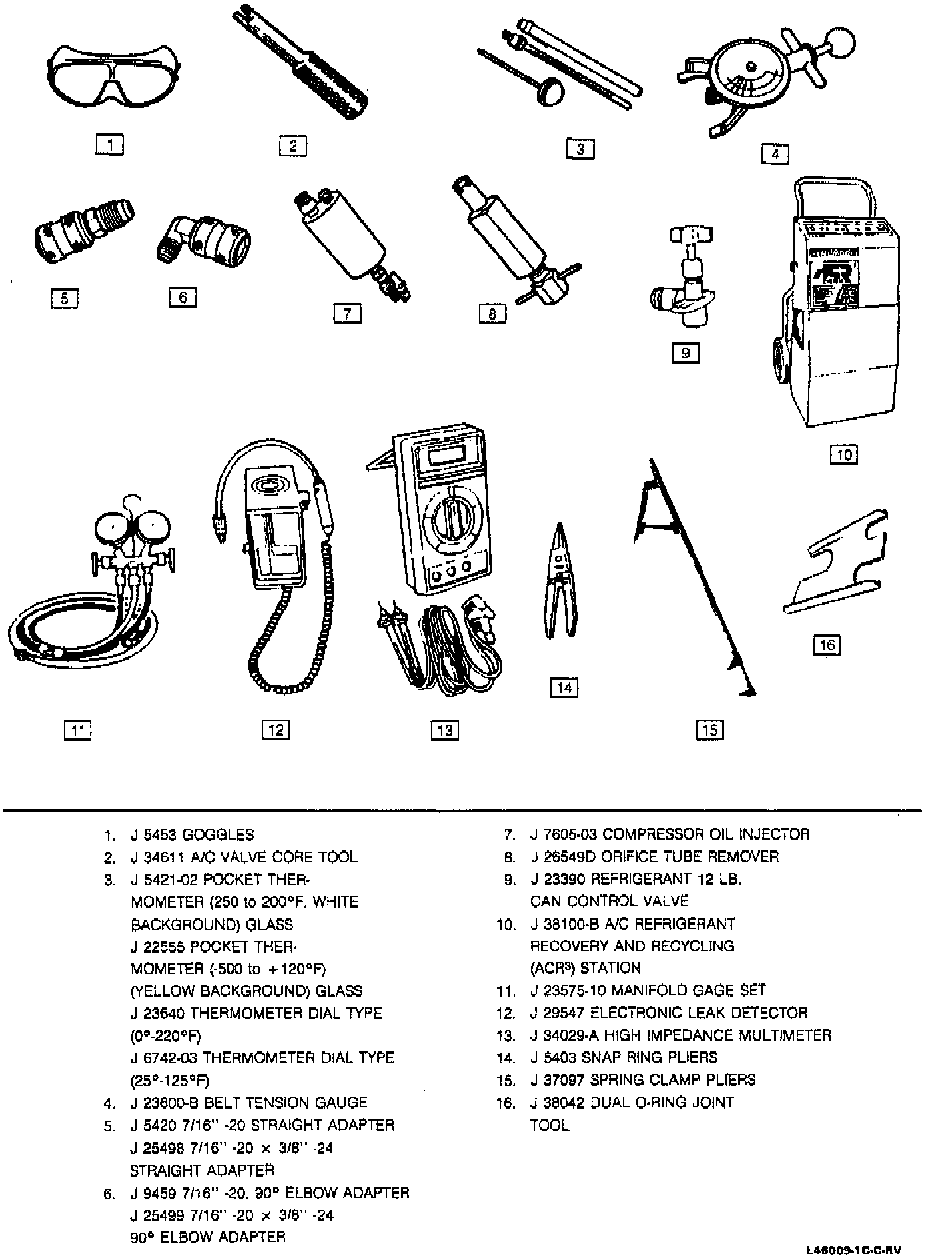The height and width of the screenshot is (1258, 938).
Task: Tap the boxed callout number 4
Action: [x=775, y=154]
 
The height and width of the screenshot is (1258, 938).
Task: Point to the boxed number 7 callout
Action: [x=347, y=313]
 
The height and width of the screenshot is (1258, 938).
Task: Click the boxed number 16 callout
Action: [x=827, y=645]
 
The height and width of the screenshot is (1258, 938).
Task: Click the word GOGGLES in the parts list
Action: [x=218, y=834]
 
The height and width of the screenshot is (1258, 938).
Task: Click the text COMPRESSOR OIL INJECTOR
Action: [x=705, y=834]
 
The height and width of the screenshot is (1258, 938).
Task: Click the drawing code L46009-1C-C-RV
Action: [x=857, y=1249]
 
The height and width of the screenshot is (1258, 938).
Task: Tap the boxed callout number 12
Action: [x=275, y=730]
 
